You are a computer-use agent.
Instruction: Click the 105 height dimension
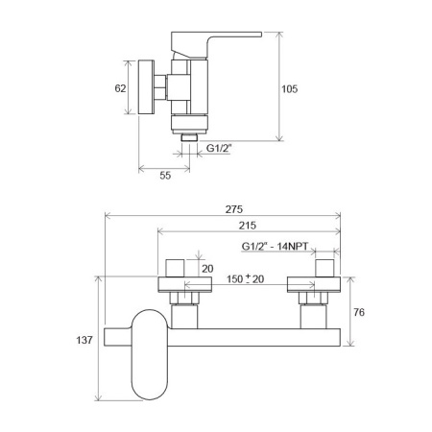pos(289,89)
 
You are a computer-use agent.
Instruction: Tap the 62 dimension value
pos(120,88)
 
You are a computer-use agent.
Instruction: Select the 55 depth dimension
pos(165,176)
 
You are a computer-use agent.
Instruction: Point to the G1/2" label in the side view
pos(219,148)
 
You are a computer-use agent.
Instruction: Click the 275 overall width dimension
pos(234,209)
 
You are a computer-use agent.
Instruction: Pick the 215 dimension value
pos(248,226)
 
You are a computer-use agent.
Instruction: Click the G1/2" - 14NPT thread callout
pos(275,247)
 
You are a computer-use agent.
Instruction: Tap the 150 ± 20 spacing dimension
pos(246,279)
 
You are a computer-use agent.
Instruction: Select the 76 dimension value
pos(359,312)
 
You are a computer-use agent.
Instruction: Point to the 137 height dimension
pos(84,340)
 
